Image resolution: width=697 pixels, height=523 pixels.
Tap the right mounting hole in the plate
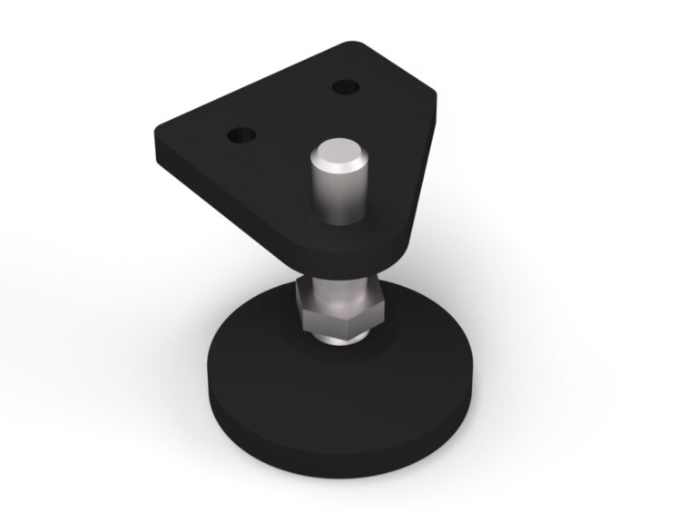click(346, 87)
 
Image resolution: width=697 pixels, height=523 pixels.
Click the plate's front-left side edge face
click(227, 195)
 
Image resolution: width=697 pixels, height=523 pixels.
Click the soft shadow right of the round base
click(545, 381)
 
